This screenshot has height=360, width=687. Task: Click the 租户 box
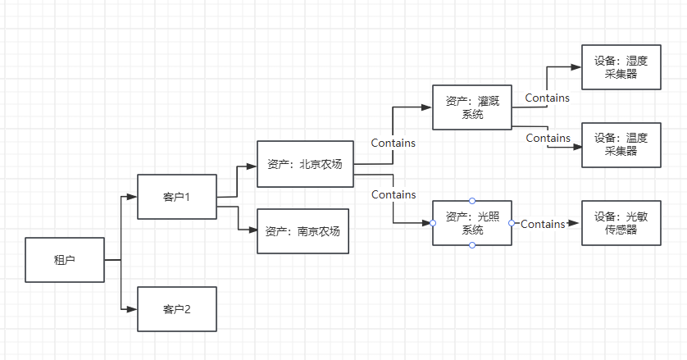[65, 260]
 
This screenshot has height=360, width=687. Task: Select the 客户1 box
[177, 197]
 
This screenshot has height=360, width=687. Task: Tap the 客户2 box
[177, 309]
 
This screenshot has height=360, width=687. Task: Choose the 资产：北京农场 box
[304, 164]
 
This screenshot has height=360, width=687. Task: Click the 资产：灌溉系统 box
[472, 107]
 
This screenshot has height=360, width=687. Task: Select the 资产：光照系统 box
[472, 223]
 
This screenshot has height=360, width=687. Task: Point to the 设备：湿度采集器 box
[621, 67]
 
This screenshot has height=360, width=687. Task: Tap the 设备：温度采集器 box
[621, 144]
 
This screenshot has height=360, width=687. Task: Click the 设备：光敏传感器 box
[621, 223]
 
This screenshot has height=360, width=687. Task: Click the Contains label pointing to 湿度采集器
[547, 98]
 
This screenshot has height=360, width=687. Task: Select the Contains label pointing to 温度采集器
[548, 138]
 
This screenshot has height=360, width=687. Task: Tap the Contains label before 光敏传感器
[543, 224]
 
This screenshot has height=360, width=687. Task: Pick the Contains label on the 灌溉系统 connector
[393, 143]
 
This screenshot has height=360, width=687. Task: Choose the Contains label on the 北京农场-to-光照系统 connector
[393, 194]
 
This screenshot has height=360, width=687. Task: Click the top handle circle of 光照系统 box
[472, 201]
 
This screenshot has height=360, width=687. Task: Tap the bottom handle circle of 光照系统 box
[472, 245]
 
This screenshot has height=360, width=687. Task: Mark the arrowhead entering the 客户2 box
[131, 309]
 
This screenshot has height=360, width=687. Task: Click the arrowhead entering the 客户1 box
[131, 197]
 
